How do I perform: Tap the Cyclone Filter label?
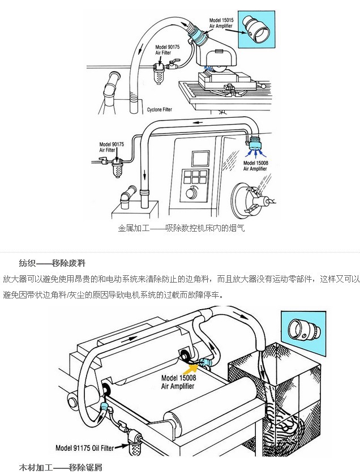[159, 109]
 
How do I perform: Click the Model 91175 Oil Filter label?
[84, 447]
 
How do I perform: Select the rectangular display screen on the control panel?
[199, 157]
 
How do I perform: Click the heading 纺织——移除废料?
[52, 263]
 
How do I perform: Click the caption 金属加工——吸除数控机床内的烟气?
[181, 229]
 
